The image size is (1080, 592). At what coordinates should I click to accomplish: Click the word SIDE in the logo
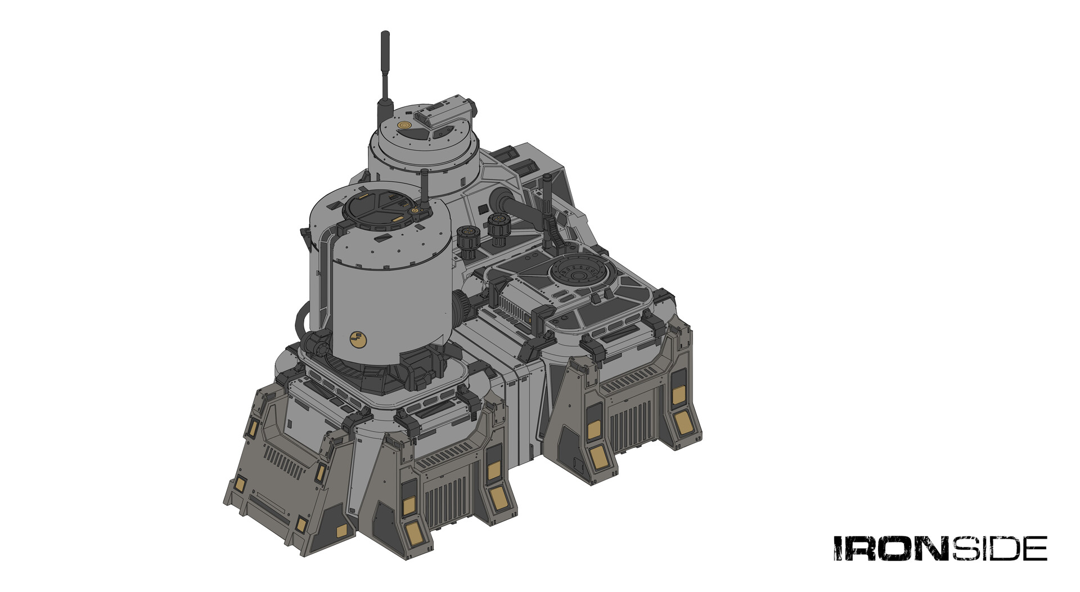pyautogui.click(x=1000, y=548)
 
